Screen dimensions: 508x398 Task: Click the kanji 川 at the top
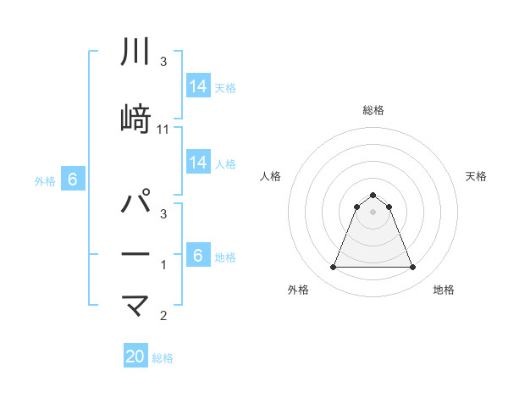click(135, 53)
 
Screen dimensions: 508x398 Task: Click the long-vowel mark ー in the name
click(135, 254)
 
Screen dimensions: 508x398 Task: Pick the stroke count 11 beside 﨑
click(163, 129)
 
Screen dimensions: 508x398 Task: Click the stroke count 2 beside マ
click(163, 317)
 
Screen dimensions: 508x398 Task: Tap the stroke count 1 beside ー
click(163, 266)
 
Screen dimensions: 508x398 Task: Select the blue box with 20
click(135, 357)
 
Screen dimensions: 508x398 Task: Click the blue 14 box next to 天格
click(197, 86)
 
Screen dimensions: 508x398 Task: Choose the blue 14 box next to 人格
click(197, 163)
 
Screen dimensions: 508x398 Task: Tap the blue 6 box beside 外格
click(72, 179)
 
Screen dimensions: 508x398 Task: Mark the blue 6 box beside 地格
click(197, 255)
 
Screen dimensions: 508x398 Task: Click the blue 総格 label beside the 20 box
click(163, 358)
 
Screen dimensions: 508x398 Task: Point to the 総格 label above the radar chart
click(373, 110)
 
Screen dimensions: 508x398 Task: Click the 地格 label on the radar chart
click(444, 290)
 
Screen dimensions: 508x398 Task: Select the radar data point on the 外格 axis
click(333, 268)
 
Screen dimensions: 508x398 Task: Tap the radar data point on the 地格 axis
click(412, 268)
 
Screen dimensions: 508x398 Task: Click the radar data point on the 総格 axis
click(373, 195)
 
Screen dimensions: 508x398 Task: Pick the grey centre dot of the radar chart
click(373, 212)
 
